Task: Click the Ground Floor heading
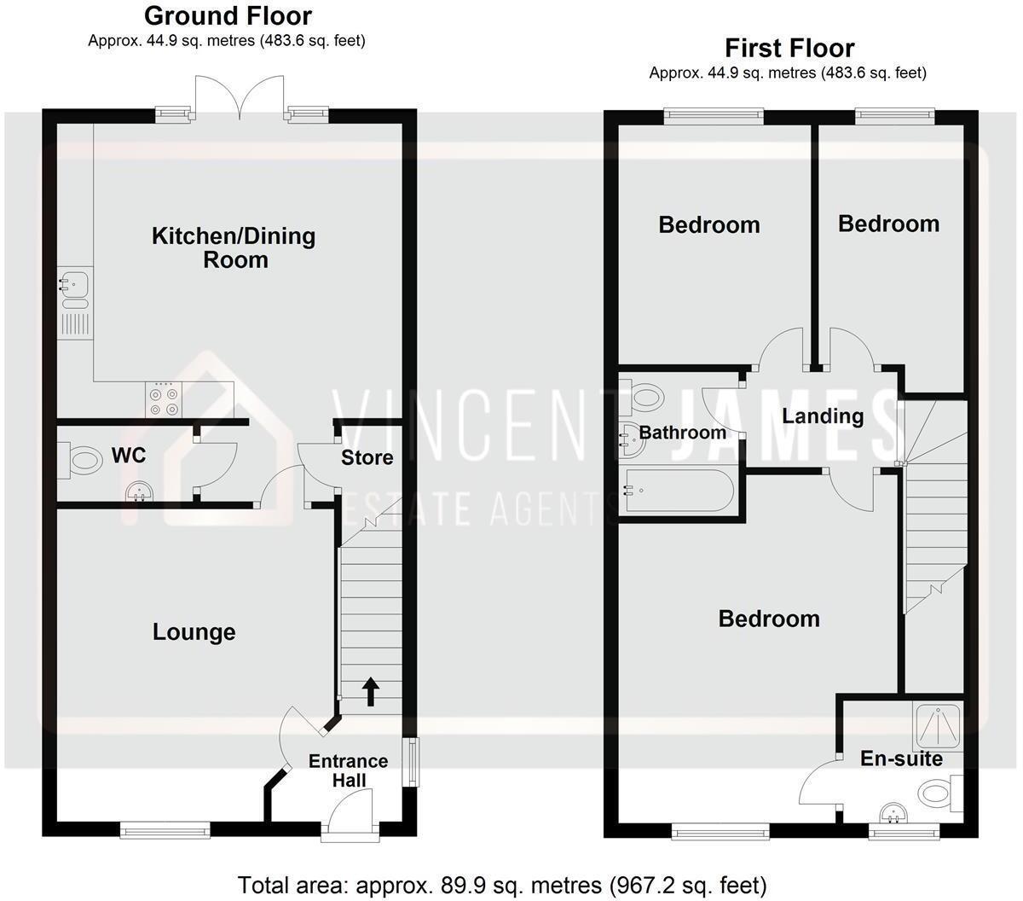pos(228,15)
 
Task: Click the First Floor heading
pos(789,48)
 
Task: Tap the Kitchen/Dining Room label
pos(234,247)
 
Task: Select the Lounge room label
pos(194,632)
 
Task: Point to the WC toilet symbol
pos(84,461)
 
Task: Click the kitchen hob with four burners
pos(164,401)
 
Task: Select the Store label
pos(367,458)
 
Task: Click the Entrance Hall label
pos(348,770)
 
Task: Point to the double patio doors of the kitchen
pos(240,96)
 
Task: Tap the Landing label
pos(823,416)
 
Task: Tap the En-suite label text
pos(901,759)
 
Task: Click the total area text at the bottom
pos(502,884)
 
